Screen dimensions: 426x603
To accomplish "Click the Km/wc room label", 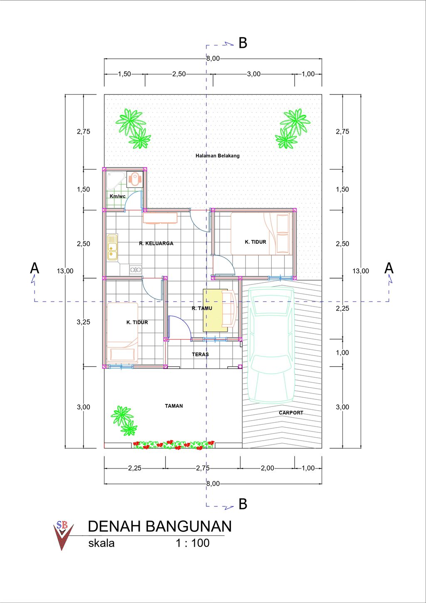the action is (x=118, y=196).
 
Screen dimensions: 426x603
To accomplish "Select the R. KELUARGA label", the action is (x=156, y=243).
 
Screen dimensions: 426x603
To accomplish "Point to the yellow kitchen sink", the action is (x=112, y=247).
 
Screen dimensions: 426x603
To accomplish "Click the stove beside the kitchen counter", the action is (x=136, y=269).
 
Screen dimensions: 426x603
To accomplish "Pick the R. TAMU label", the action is (x=202, y=308).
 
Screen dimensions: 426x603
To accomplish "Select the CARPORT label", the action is (x=291, y=413).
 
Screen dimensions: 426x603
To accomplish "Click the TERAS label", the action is (x=201, y=354).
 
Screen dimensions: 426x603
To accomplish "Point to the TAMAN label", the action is (x=174, y=406).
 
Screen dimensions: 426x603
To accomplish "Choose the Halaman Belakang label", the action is (x=218, y=156).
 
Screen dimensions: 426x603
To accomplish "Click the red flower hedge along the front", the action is (x=174, y=445).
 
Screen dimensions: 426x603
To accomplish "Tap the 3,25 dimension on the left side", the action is (x=83, y=322).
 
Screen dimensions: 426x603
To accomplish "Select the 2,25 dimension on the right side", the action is (x=342, y=308).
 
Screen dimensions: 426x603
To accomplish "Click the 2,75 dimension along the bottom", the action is (x=203, y=468).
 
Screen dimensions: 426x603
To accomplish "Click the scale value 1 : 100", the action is (x=193, y=543).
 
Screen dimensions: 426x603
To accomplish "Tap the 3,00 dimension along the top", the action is (x=254, y=74).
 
